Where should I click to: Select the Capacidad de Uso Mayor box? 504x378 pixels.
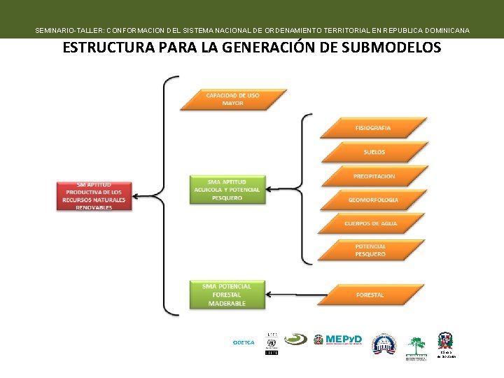coord(233,99)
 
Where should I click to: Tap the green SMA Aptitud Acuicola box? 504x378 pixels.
coord(227,189)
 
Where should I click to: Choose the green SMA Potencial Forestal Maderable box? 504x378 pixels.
coord(227,295)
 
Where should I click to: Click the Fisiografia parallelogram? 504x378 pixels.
coord(373,127)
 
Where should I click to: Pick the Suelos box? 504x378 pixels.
coord(373,151)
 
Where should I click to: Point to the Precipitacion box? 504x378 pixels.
coord(373,176)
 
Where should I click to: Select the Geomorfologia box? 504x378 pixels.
coord(373,199)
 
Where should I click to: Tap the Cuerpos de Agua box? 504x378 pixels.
coord(371,223)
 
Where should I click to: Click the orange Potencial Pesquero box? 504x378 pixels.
coord(370,250)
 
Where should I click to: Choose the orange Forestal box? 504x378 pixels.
coord(370,295)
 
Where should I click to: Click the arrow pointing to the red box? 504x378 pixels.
coord(147,195)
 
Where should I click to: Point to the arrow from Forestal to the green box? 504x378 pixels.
coord(294,295)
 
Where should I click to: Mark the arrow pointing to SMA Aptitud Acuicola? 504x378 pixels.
coord(287,189)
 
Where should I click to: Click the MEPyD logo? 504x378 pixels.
coord(338,339)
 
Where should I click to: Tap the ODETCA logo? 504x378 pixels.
coord(243,342)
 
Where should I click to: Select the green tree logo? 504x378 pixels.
coord(417,345)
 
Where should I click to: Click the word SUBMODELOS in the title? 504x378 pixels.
coord(384,48)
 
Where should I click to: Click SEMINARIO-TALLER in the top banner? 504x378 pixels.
coord(66,31)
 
